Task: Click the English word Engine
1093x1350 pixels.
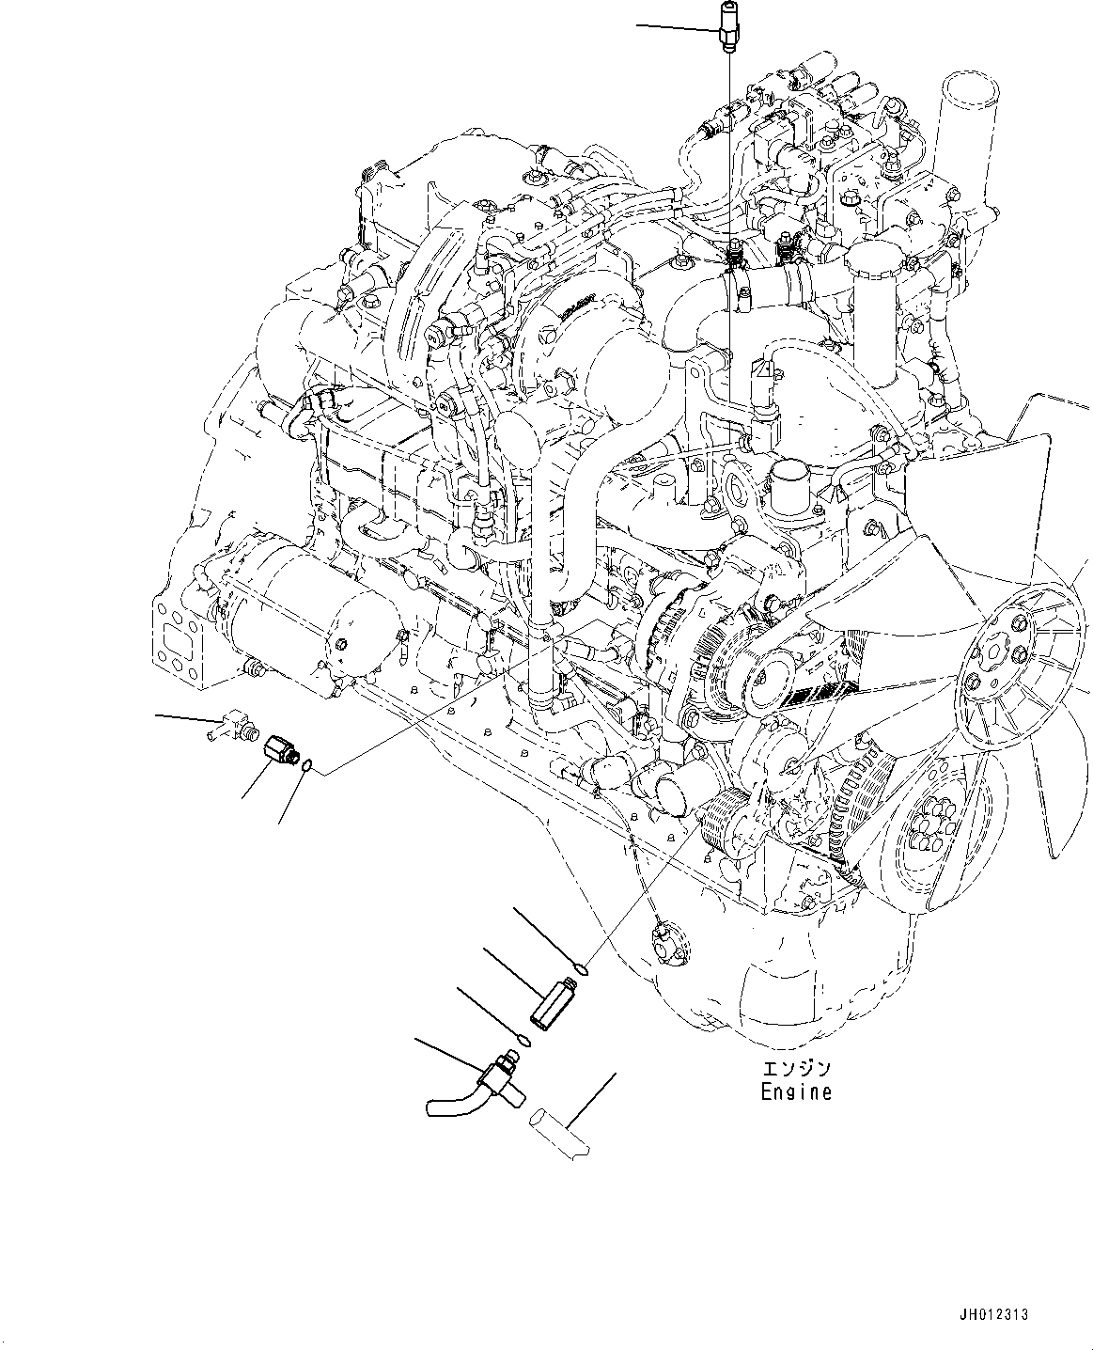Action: click(796, 1092)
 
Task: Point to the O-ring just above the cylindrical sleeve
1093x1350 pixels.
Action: click(582, 967)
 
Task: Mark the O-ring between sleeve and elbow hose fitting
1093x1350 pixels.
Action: click(523, 1040)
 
